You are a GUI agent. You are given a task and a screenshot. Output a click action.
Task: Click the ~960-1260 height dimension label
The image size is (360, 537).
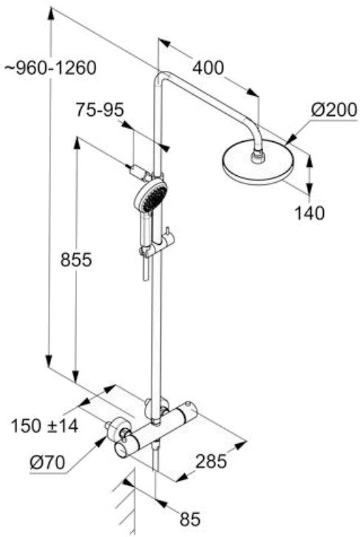(x=51, y=68)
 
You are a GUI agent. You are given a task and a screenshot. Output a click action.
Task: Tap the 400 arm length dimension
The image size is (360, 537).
(x=208, y=67)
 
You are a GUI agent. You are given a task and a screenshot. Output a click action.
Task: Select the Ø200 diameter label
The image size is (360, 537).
(x=334, y=110)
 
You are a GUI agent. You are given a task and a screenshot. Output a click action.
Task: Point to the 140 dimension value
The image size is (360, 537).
(x=309, y=213)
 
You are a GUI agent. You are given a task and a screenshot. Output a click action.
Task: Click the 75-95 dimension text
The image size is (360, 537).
(x=100, y=110)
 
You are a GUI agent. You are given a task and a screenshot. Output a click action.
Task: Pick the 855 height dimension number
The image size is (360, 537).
(x=76, y=259)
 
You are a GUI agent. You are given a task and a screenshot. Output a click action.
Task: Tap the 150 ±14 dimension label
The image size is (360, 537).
(x=44, y=426)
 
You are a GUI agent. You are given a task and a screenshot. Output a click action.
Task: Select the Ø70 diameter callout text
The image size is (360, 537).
(x=47, y=463)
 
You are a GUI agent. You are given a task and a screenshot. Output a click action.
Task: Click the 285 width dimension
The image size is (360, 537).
(x=211, y=462)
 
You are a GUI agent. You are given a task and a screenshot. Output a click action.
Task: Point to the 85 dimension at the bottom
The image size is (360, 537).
(x=189, y=519)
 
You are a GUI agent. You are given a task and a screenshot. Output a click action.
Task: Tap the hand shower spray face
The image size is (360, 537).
(x=154, y=195)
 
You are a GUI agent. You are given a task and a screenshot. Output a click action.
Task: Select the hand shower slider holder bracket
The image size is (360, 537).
(x=157, y=246)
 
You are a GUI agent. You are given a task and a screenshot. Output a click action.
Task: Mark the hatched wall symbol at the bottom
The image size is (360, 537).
(x=126, y=504)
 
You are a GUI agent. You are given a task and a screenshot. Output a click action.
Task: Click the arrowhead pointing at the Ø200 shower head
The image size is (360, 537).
(x=290, y=139)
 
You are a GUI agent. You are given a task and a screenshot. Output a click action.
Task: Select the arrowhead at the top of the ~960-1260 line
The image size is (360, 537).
(x=51, y=15)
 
